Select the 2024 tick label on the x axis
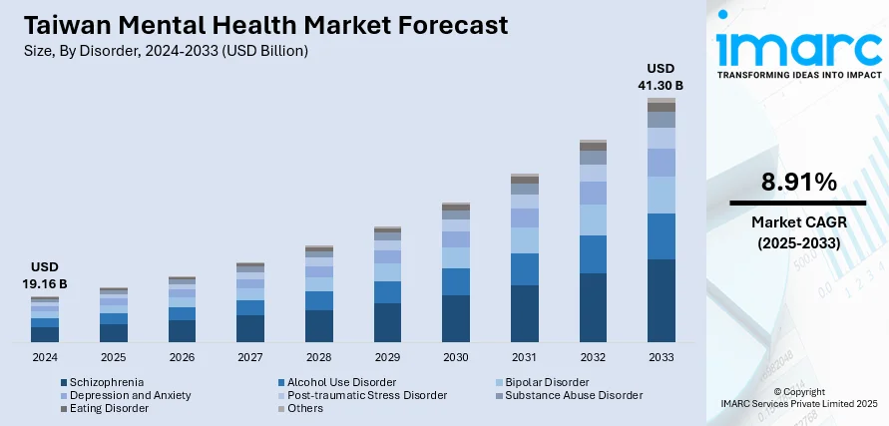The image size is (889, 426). (44, 356)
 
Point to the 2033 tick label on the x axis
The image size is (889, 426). (661, 356)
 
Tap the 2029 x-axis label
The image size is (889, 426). (386, 356)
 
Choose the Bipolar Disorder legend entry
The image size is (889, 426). (546, 382)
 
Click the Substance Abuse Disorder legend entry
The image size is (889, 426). (573, 395)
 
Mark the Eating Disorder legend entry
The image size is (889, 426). (110, 408)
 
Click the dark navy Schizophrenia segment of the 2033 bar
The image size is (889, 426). (661, 300)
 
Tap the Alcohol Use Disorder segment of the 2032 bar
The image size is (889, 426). (593, 254)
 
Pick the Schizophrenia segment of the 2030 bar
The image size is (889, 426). (455, 318)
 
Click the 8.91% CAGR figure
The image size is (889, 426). (797, 182)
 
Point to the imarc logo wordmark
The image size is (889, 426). (797, 48)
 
